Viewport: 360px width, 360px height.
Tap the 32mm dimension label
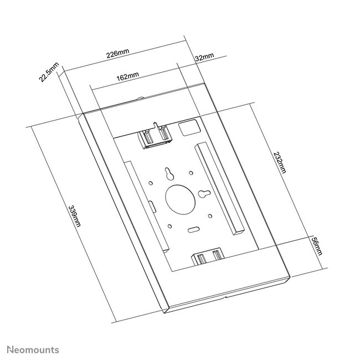pyautogui.click(x=204, y=57)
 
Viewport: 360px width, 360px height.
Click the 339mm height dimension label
pyautogui.click(x=73, y=215)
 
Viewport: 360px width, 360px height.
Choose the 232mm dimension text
pyautogui.click(x=280, y=162)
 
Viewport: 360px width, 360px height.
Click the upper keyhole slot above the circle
pyautogui.click(x=168, y=174)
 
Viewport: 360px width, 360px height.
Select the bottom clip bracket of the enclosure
pyautogui.click(x=207, y=257)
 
